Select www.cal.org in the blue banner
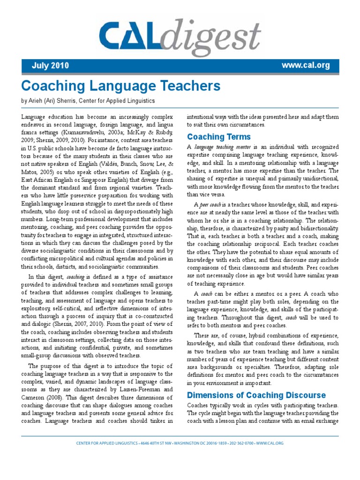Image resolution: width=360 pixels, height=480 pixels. click(305, 65)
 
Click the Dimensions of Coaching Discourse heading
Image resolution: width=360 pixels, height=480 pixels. click(256, 395)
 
